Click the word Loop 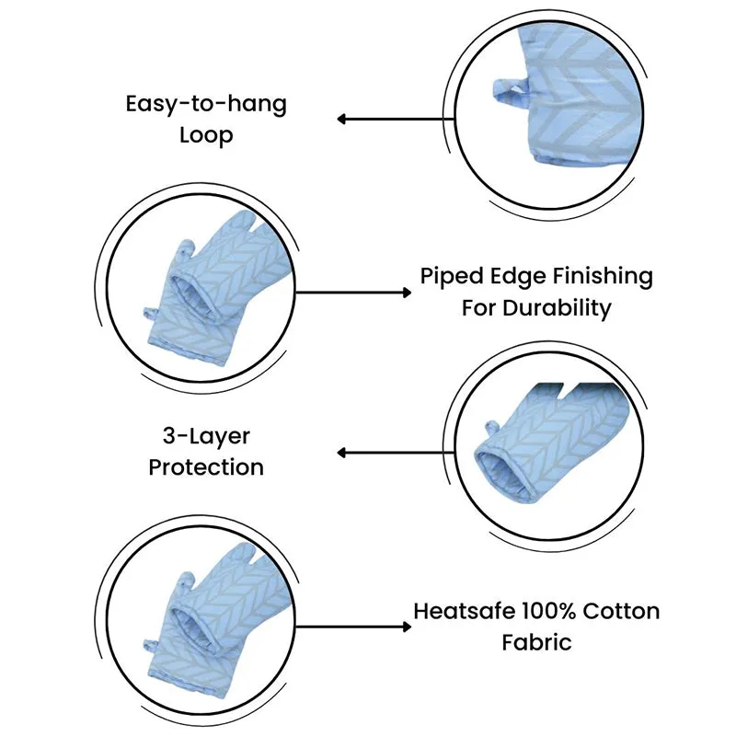pos(206,136)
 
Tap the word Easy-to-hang pos(206,105)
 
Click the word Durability pos(557,309)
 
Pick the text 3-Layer pos(206,436)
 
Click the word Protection pos(206,467)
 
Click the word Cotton pos(621,611)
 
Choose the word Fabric pos(536,642)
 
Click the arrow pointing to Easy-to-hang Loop pos(396,120)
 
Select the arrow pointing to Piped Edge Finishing pos(353,293)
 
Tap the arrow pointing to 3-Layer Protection pos(396,453)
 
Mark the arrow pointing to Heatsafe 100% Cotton pos(353,627)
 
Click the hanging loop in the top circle pos(510,88)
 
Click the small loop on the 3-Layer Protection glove pos(491,428)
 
